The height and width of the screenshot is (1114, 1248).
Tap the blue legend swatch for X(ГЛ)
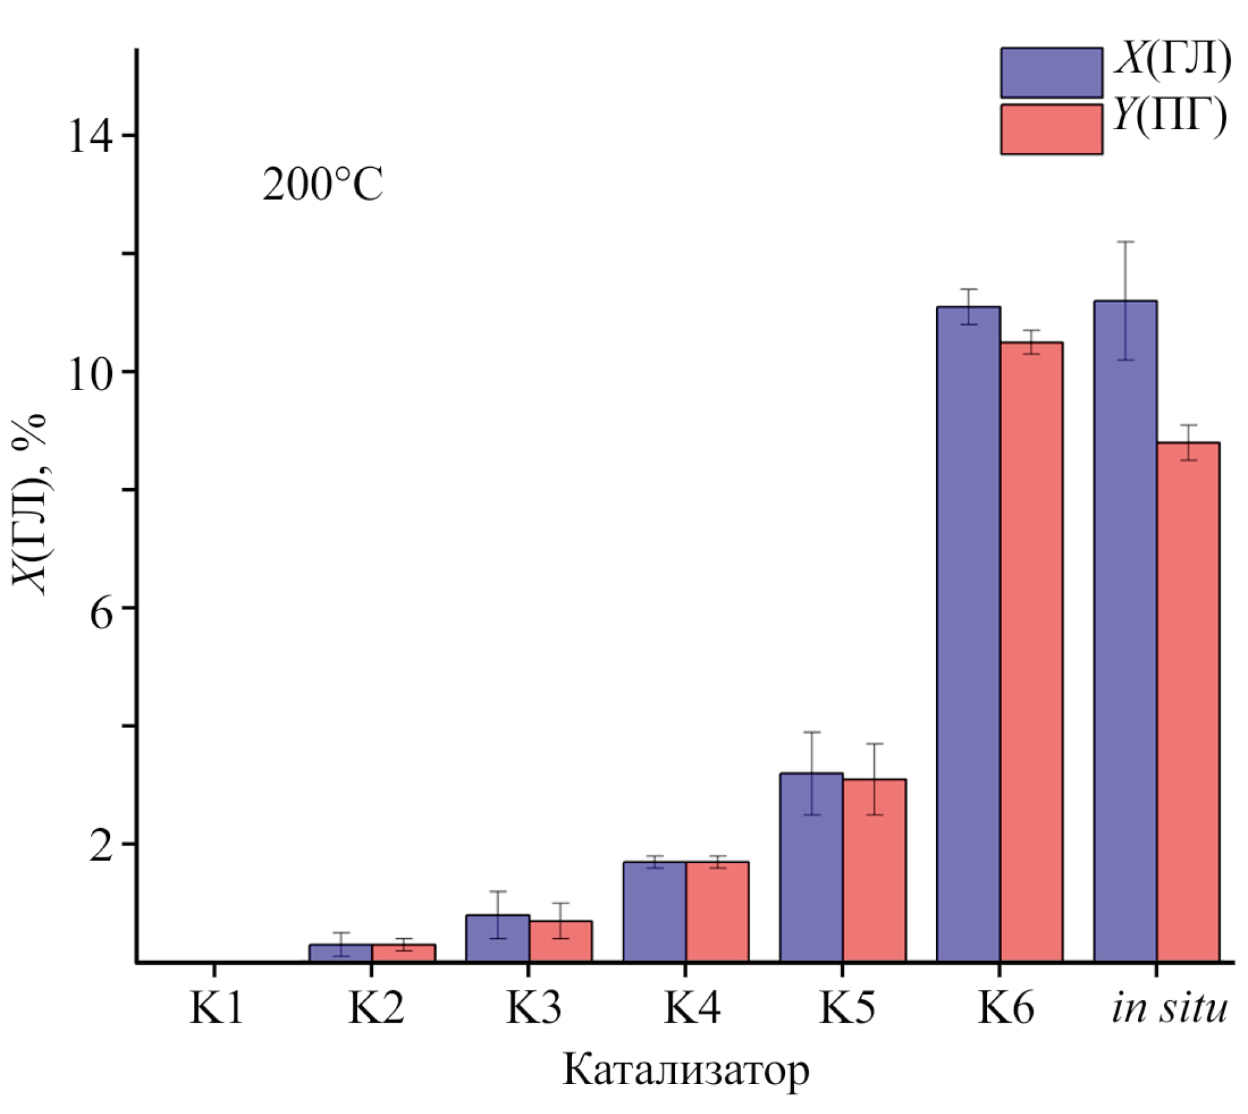(x=1051, y=73)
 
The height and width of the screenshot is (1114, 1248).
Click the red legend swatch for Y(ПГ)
(x=1051, y=129)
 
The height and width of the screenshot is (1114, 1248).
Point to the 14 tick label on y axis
(x=89, y=136)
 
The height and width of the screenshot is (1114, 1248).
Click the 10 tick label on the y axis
(x=89, y=372)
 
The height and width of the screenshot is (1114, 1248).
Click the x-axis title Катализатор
(x=686, y=1070)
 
